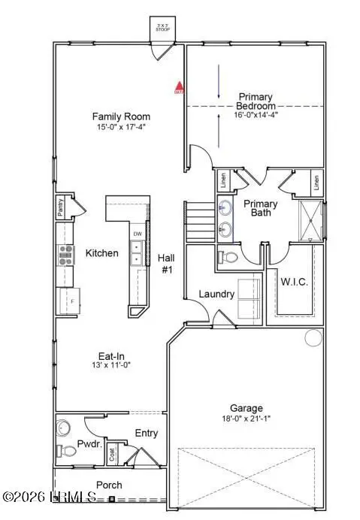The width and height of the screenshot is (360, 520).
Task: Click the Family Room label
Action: pos(121,116)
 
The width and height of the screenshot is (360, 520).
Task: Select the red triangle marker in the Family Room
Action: pos(179,88)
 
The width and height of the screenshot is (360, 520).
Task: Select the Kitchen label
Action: pos(101,253)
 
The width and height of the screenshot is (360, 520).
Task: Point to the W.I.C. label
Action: pos(293,282)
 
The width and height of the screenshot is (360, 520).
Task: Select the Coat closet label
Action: pos(112,453)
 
